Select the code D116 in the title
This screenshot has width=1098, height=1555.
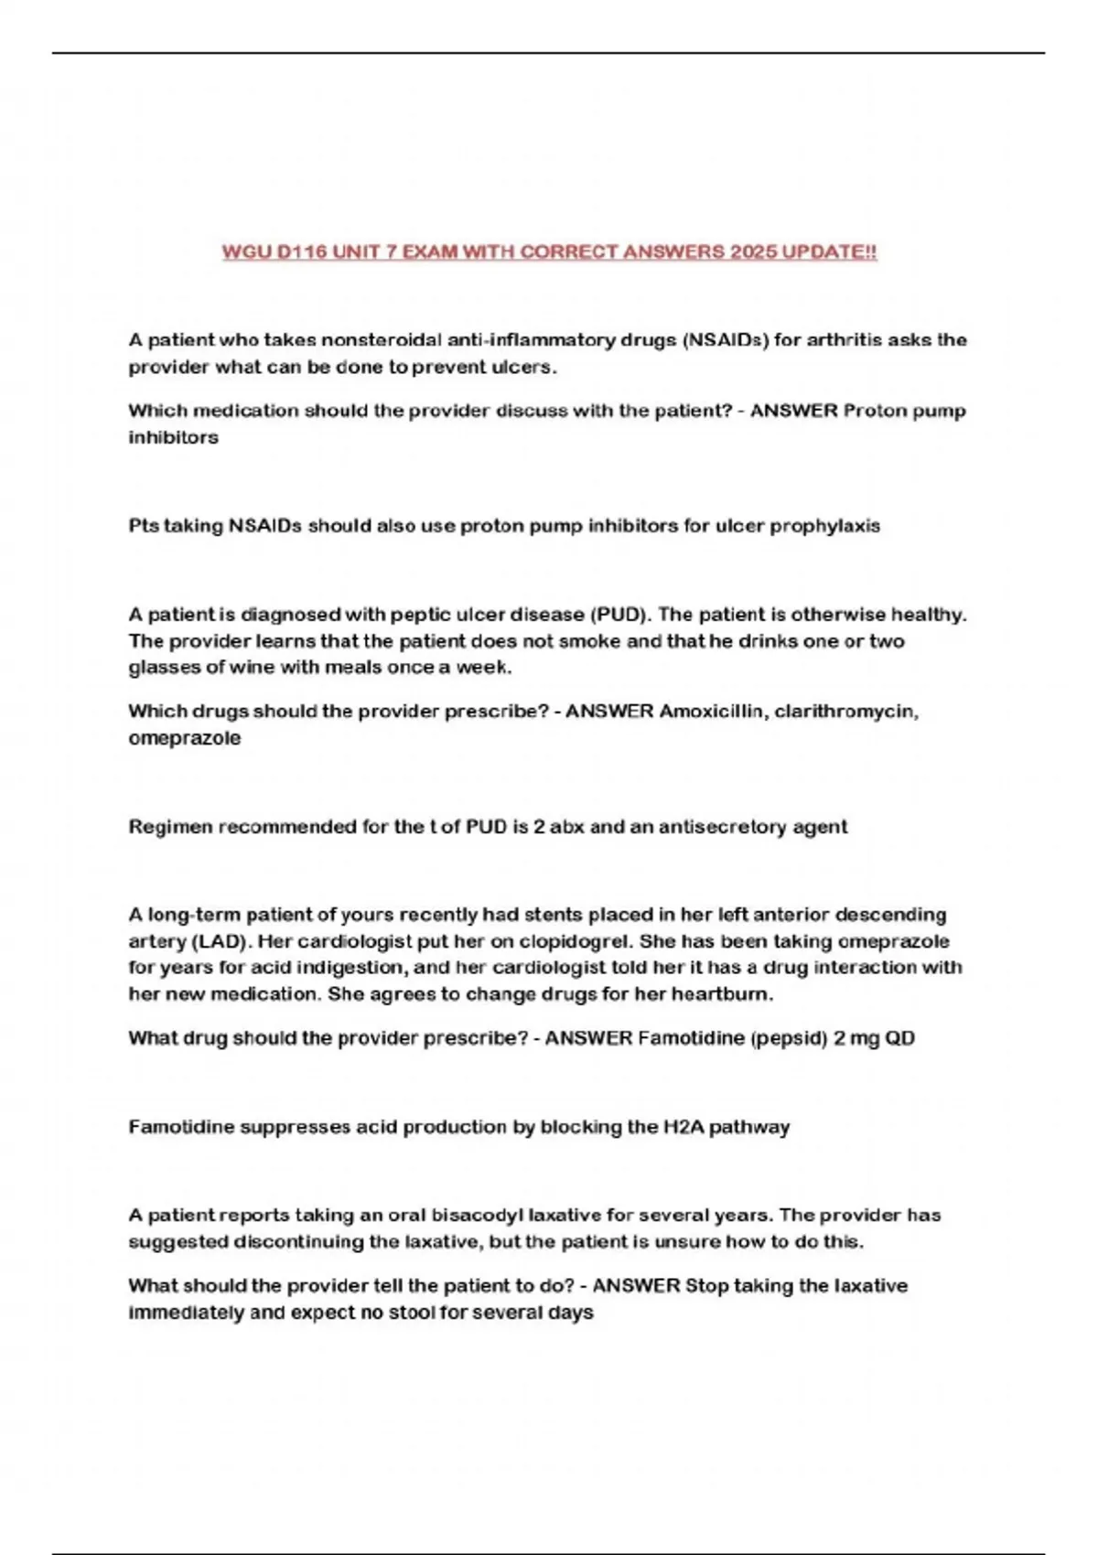[x=301, y=252]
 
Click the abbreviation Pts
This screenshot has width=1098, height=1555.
[x=144, y=526]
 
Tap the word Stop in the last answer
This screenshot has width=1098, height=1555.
[x=705, y=1286]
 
